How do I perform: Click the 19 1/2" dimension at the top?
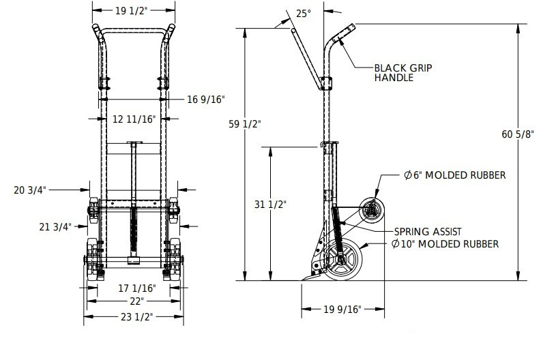point(131,11)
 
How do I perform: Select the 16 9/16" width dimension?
point(206,100)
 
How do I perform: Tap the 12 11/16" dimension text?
point(134,119)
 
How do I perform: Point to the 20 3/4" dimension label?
point(30,190)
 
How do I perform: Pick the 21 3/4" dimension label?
point(55,227)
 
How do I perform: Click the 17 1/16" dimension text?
point(137,288)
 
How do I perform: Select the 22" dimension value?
point(136,301)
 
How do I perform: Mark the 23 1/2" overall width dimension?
point(136,317)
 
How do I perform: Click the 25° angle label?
point(304,14)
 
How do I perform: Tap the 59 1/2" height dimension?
point(245,124)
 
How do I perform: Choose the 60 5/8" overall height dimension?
point(518,134)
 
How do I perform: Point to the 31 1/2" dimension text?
point(270,205)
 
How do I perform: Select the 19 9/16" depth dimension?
point(342,310)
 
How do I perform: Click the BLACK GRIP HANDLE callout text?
point(403,73)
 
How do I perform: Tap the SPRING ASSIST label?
point(428,232)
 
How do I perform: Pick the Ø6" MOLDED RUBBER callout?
point(455,175)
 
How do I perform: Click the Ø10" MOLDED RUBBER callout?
point(445,244)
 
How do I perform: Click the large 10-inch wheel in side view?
point(342,260)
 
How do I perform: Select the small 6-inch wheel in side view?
point(372,210)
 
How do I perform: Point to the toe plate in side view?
point(313,276)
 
